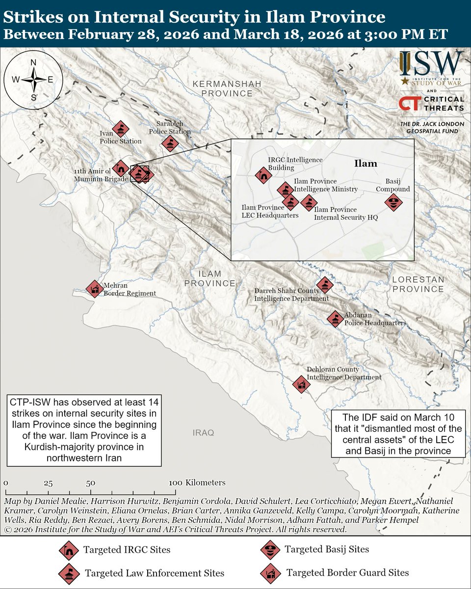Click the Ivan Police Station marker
(120, 130)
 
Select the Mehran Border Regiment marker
(94, 289)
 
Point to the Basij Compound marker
(393, 202)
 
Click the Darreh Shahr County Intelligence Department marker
(324, 285)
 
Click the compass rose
(33, 80)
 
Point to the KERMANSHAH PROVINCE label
(226, 89)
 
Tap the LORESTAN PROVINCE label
(418, 284)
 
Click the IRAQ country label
(203, 433)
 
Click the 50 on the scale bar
(90, 483)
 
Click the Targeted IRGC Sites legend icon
(67, 550)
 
